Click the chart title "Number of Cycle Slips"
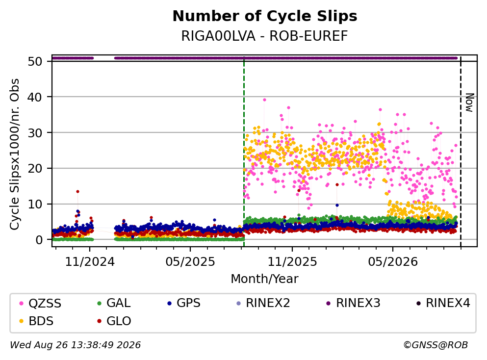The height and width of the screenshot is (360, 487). pyautogui.click(x=265, y=16)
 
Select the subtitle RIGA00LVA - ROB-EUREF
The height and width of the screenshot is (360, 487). pyautogui.click(x=265, y=36)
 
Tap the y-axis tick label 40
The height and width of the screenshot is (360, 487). pyautogui.click(x=35, y=97)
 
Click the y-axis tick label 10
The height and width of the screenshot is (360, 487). pyautogui.click(x=35, y=205)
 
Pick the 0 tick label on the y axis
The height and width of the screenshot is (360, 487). pyautogui.click(x=39, y=240)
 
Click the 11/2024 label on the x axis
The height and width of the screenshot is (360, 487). pyautogui.click(x=90, y=262)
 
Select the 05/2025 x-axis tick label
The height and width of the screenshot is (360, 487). pyautogui.click(x=190, y=262)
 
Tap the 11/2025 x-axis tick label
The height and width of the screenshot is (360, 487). pyautogui.click(x=292, y=262)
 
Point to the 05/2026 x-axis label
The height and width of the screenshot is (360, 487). pyautogui.click(x=393, y=262)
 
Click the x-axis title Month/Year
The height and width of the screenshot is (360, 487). pyautogui.click(x=265, y=279)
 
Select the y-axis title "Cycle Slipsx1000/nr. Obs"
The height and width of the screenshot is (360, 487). pyautogui.click(x=15, y=154)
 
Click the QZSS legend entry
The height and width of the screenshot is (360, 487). pyautogui.click(x=40, y=303)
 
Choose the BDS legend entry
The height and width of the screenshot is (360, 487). pyautogui.click(x=36, y=321)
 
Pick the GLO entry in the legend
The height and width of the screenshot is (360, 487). pyautogui.click(x=114, y=321)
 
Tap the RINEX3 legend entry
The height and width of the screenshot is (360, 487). pyautogui.click(x=354, y=303)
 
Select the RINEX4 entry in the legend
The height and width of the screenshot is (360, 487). pyautogui.click(x=443, y=303)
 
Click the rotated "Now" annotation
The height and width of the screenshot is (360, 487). pyautogui.click(x=469, y=103)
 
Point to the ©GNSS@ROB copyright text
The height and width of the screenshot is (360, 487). pyautogui.click(x=436, y=345)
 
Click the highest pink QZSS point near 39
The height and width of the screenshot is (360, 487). pyautogui.click(x=265, y=100)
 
